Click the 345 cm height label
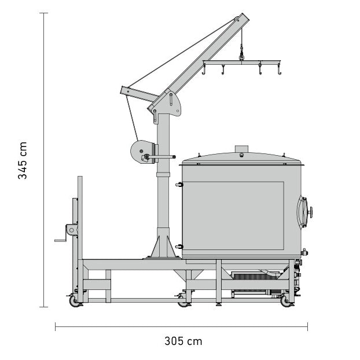pyautogui.click(x=23, y=160)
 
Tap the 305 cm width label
pyautogui.click(x=182, y=341)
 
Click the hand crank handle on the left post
pyautogui.click(x=60, y=239)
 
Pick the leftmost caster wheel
pyautogui.click(x=74, y=301)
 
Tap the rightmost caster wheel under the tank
pyautogui.click(x=285, y=301)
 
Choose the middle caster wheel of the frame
pyautogui.click(x=183, y=301)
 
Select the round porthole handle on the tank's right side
pyautogui.click(x=310, y=211)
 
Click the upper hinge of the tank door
pyautogui.click(x=179, y=185)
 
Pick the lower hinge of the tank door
pyautogui.click(x=179, y=247)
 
